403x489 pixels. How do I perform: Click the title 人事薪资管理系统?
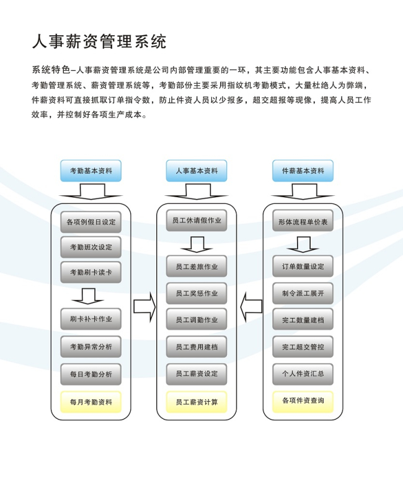coord(99,42)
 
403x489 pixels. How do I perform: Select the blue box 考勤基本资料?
coord(91,170)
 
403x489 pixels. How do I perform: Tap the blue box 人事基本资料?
coord(197,170)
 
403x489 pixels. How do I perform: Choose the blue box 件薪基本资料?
coord(303,170)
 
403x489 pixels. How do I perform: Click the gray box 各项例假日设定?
coord(91,222)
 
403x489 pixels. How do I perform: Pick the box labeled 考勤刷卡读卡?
coord(91,272)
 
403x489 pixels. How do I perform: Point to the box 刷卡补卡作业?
coord(91,319)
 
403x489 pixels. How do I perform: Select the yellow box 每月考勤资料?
coord(91,402)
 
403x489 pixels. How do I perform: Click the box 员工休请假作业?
coord(197,220)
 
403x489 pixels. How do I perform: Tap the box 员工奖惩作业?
coord(197,293)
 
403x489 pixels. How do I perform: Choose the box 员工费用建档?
coord(197,347)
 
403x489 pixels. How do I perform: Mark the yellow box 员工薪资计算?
coord(197,402)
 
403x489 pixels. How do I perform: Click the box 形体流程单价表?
coord(303,221)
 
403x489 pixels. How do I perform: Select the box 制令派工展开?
coord(303,293)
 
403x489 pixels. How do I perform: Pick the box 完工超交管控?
coord(303,347)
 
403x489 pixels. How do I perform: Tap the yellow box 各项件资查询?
coord(303,401)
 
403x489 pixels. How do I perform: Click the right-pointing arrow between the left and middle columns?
coord(144,307)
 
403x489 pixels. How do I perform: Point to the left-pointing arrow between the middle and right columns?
coord(251,307)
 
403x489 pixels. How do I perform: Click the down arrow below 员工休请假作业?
coord(197,244)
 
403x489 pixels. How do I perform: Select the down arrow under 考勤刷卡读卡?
coord(87,296)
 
